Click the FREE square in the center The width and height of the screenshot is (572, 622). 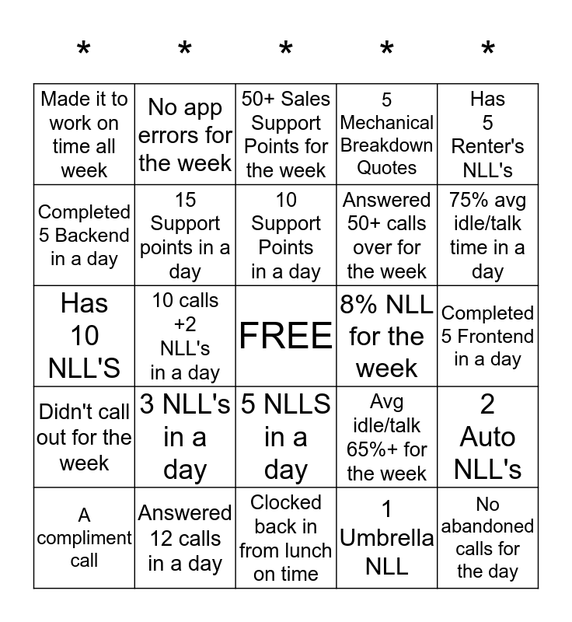[x=286, y=336]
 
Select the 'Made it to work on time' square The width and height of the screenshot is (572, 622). [x=84, y=135]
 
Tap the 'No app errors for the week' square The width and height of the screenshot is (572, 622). [x=185, y=135]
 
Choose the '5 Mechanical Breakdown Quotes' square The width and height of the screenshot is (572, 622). [x=387, y=135]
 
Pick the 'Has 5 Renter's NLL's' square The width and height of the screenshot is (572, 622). [x=488, y=135]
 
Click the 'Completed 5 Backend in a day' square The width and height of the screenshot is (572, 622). [x=84, y=235]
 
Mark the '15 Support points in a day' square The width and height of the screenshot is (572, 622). [x=185, y=235]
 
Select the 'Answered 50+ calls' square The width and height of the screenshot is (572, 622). [x=387, y=235]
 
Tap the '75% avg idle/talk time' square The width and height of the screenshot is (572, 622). [x=488, y=235]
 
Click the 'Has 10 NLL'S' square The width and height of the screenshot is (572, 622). [x=84, y=336]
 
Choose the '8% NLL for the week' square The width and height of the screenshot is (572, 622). [x=387, y=336]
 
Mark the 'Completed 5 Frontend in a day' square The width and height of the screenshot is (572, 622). [x=488, y=336]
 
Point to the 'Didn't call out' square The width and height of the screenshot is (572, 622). [x=84, y=437]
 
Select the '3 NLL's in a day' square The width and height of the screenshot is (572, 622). [x=185, y=437]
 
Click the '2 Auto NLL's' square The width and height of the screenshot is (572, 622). [x=488, y=437]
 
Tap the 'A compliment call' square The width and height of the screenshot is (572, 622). [x=84, y=537]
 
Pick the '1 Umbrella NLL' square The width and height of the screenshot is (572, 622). [x=387, y=537]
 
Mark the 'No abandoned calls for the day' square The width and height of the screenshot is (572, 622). [x=488, y=537]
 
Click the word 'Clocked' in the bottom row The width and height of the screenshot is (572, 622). [x=286, y=502]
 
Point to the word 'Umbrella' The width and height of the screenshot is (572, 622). [x=387, y=537]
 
